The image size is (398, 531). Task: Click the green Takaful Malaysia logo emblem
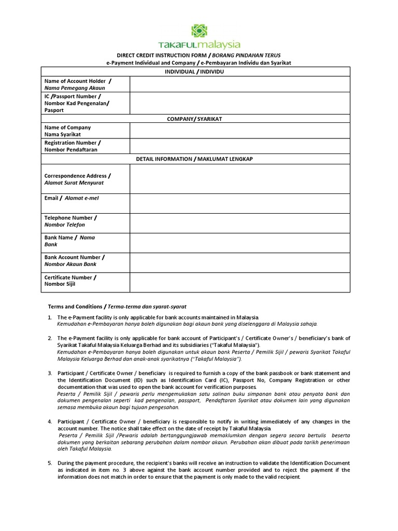tap(199, 31)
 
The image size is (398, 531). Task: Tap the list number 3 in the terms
tap(50, 373)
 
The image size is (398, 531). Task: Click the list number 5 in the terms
tap(50, 463)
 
